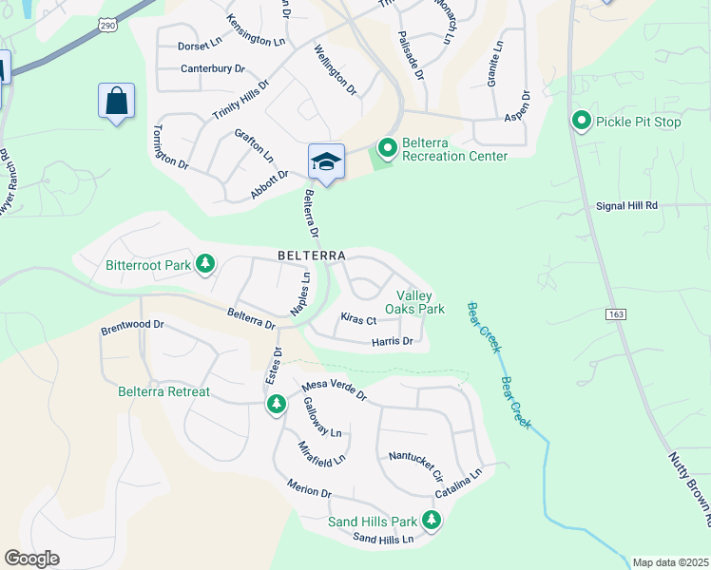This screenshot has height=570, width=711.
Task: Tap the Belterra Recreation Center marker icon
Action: [x=387, y=148]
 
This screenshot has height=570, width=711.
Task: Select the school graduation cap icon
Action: [x=325, y=161]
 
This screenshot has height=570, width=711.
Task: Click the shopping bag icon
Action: [x=116, y=100]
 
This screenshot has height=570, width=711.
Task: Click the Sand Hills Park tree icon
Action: [x=432, y=520]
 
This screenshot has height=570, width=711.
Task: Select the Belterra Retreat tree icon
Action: [x=277, y=405]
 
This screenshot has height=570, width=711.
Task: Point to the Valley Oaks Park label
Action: [x=414, y=302]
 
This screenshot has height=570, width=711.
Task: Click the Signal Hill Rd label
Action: [x=626, y=205]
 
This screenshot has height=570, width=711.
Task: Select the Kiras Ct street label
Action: [x=358, y=320]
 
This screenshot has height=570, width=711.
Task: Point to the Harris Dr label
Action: [x=393, y=341]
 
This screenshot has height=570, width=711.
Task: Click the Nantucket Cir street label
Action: [x=416, y=463]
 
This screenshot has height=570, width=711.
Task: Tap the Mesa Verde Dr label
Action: [x=334, y=390]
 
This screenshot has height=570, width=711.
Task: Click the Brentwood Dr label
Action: [x=132, y=328]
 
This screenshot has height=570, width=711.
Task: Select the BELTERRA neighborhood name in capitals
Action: [x=313, y=256]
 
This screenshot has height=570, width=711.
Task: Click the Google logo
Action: [x=31, y=559]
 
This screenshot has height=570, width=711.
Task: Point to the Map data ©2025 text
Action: [x=669, y=562]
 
